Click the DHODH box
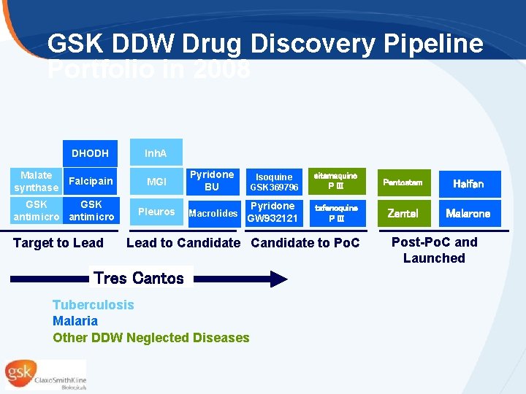tap(90, 153)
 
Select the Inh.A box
tap(156, 153)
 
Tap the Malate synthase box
tap(37, 182)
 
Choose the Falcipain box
tap(91, 182)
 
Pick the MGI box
tap(156, 182)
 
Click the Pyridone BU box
tap(211, 181)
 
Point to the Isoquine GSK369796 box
tap(274, 182)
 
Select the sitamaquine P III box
tap(335, 182)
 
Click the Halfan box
tap(468, 184)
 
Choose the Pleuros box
tap(156, 212)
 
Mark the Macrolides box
tap(213, 213)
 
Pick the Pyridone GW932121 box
tap(273, 212)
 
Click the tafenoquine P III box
tap(335, 212)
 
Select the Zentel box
tap(403, 214)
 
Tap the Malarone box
tap(468, 214)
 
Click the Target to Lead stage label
tap(58, 243)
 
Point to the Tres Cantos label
tap(139, 278)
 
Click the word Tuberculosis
tap(93, 305)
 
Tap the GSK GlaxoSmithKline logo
tap(45, 374)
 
